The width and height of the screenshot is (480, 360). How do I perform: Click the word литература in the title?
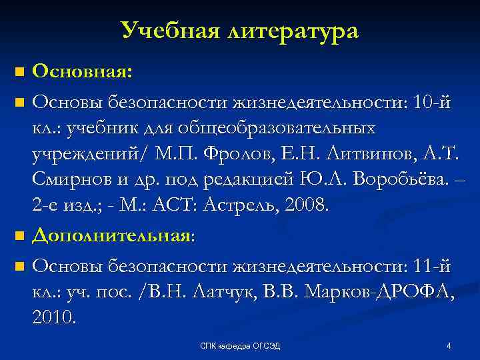pyautogui.click(x=293, y=31)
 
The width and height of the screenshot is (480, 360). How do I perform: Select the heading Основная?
pyautogui.click(x=82, y=71)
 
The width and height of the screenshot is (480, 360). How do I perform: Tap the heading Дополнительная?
pyautogui.click(x=113, y=235)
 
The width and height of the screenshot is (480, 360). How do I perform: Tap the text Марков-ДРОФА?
pyautogui.click(x=377, y=293)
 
